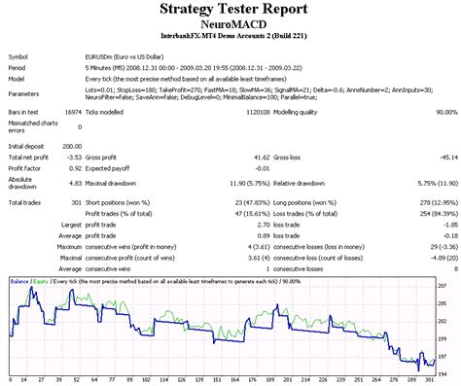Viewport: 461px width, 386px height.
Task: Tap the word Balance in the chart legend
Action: tap(19, 281)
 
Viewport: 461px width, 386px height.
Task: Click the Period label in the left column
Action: tap(18, 67)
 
